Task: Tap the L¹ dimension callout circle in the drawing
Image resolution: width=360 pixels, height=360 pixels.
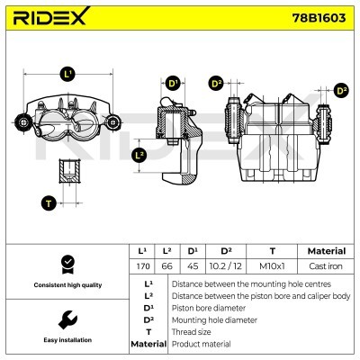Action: [x=69, y=74]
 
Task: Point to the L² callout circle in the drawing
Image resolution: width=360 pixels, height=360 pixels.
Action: [x=139, y=155]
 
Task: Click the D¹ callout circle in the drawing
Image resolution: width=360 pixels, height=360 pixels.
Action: [x=174, y=85]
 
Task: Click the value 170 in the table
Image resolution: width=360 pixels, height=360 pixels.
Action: [x=141, y=265]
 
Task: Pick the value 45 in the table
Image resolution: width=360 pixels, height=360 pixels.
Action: [x=193, y=265]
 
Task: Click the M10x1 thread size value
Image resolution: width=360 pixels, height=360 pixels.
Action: [x=272, y=265]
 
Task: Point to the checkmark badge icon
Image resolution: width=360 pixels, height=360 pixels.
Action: [x=66, y=264]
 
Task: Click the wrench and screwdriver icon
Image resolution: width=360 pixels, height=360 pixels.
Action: [x=66, y=320]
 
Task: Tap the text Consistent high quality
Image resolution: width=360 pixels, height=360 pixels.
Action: [x=66, y=285]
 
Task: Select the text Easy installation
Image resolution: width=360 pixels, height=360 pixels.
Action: [x=66, y=341]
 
